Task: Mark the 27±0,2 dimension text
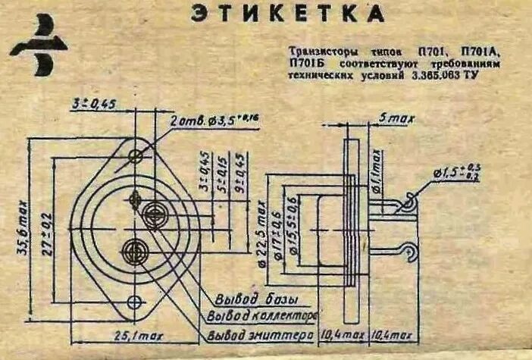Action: [47, 227]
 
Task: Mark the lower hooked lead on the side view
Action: [410, 249]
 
